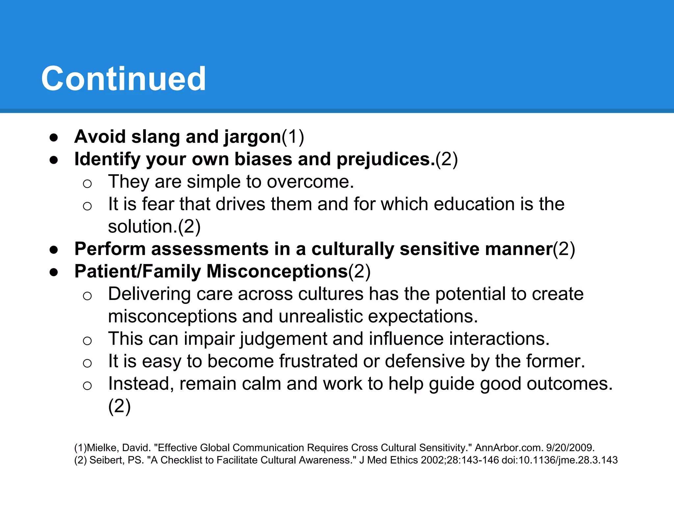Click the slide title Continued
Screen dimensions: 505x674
(123, 79)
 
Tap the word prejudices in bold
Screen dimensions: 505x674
(383, 159)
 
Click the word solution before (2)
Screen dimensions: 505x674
(142, 227)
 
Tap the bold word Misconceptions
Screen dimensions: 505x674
(277, 272)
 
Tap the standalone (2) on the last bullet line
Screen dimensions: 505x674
(119, 406)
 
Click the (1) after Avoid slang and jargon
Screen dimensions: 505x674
(293, 137)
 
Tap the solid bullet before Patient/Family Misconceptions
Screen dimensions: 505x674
(54, 272)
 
